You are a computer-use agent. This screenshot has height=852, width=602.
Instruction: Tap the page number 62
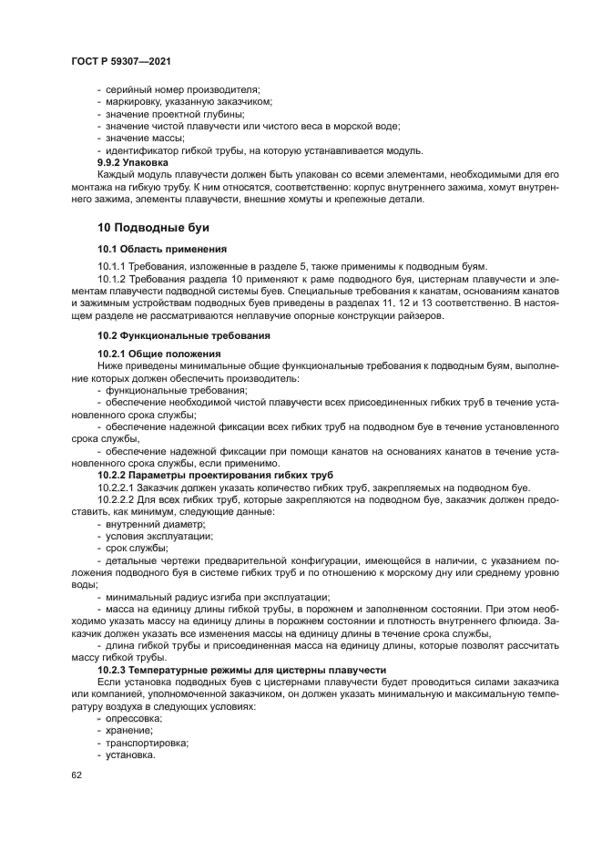(x=77, y=775)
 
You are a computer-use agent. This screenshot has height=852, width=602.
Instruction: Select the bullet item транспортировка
(x=147, y=743)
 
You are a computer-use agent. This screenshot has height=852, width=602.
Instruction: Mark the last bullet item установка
(x=130, y=755)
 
